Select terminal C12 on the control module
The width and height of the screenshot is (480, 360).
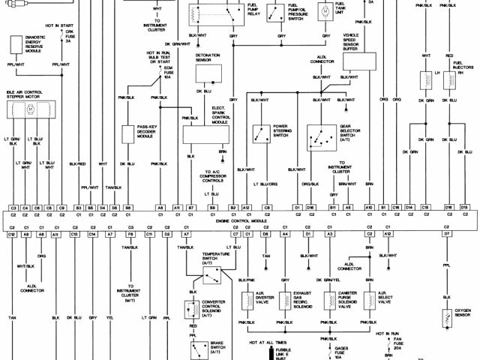[x=12, y=235]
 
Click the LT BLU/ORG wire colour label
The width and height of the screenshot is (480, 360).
[x=265, y=184]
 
